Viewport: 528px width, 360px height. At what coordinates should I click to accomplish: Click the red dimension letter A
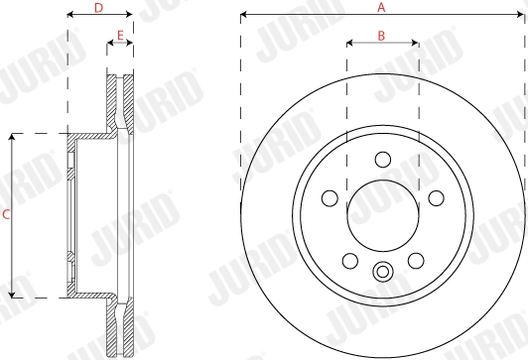coord(382,7)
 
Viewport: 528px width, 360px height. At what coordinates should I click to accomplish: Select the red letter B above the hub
coord(382,36)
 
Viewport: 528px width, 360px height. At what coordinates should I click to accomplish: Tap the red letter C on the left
coord(7,214)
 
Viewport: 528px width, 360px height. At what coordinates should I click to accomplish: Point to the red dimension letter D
coord(98,8)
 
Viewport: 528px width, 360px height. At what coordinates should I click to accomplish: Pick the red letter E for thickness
coord(119,36)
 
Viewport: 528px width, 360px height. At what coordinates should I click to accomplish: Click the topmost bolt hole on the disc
coord(383,159)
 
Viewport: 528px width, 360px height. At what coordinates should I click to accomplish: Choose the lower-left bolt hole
coord(349,260)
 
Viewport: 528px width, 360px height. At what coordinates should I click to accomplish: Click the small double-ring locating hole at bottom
coord(383,272)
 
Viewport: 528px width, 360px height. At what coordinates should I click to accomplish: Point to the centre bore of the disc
coord(383,213)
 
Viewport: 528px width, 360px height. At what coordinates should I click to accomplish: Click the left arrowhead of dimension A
coord(243,15)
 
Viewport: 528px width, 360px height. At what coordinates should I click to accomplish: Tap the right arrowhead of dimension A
coord(523,15)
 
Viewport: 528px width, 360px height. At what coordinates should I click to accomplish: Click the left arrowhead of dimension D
coord(69,15)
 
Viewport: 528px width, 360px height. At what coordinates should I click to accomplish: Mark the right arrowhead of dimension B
coord(415,44)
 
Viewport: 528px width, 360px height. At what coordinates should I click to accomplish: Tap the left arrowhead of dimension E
coord(109,44)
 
